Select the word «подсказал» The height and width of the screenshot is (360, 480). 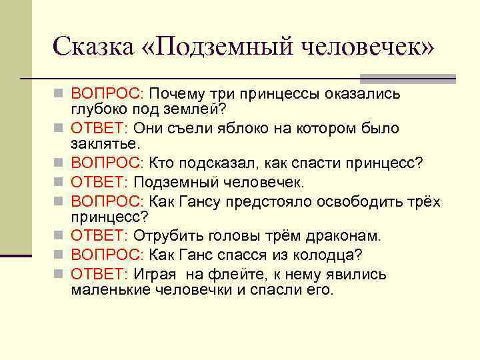pyautogui.click(x=214, y=163)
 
